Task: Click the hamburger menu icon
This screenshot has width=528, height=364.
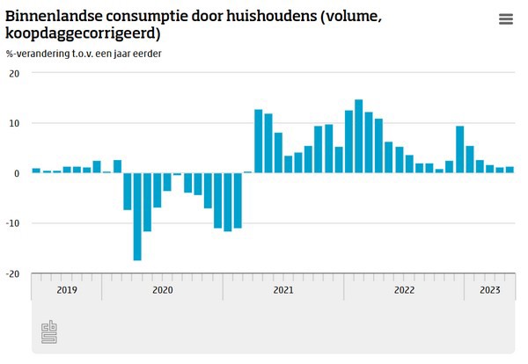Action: (x=505, y=19)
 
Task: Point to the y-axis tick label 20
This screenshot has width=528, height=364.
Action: (x=14, y=73)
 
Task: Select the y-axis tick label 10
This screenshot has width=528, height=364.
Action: (x=14, y=123)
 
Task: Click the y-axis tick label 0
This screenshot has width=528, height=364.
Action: (x=17, y=173)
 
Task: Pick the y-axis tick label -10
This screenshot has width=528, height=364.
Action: (x=12, y=223)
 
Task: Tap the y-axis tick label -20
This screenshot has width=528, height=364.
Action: (x=12, y=273)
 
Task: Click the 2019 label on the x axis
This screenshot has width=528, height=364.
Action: (x=66, y=288)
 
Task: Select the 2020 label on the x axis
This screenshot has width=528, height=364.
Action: (x=162, y=288)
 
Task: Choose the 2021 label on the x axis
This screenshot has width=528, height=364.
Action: (x=283, y=288)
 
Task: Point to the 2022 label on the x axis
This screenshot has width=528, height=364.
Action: (x=404, y=288)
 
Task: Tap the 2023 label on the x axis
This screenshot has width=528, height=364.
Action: (x=489, y=288)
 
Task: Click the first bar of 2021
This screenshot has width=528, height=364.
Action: (x=259, y=141)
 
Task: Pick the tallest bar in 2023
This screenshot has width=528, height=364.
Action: (x=470, y=159)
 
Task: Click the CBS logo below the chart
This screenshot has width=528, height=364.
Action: (x=49, y=332)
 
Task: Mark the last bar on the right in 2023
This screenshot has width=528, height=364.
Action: (x=510, y=170)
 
